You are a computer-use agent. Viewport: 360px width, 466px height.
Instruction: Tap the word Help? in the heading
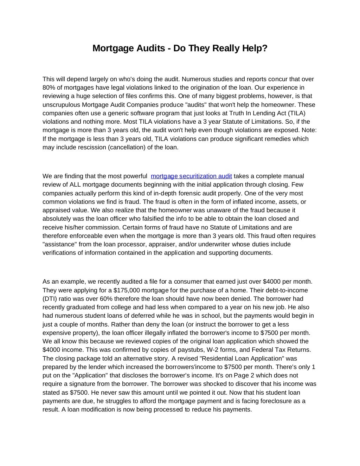click(254, 48)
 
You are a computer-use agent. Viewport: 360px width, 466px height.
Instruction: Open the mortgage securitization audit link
click(191, 176)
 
